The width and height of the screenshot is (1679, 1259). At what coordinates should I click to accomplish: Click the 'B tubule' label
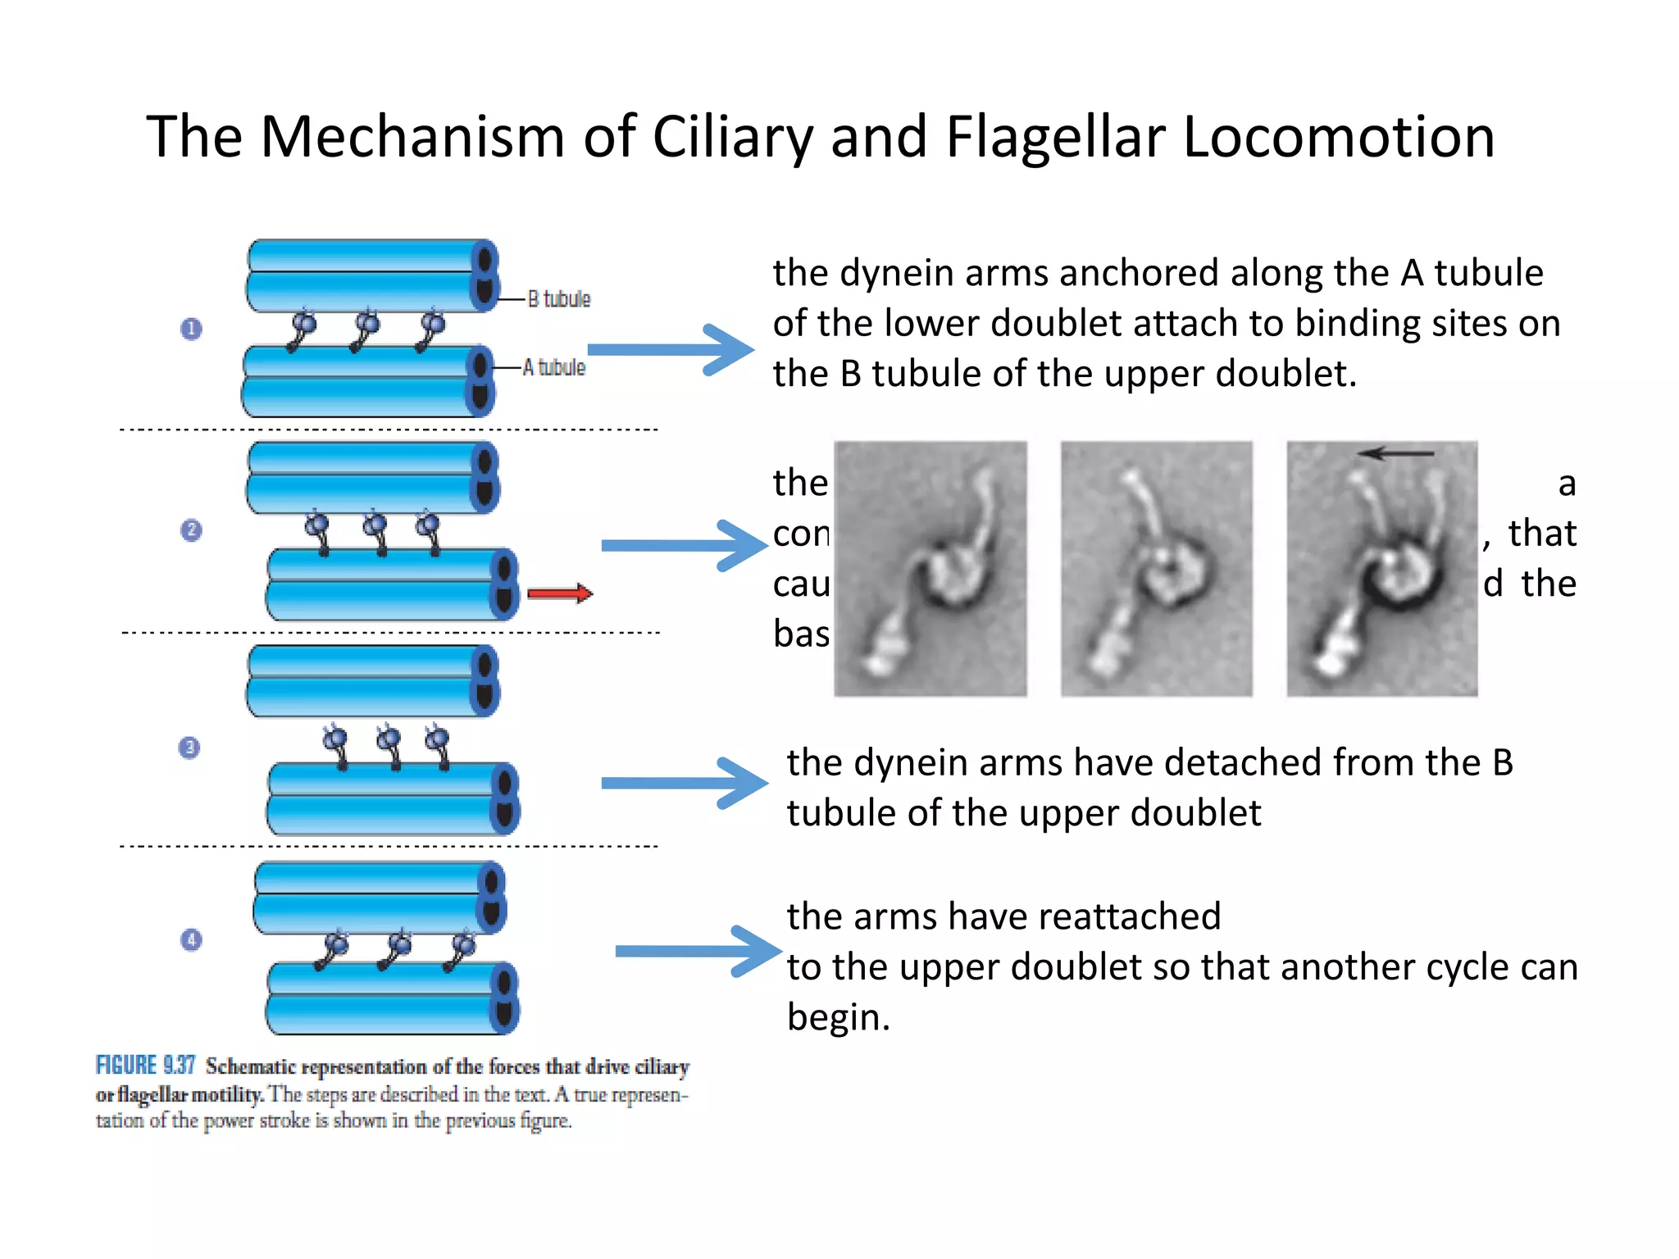coord(558,299)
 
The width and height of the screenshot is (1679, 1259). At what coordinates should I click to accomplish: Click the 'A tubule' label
coord(554,367)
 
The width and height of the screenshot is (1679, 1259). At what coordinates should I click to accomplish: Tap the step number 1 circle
coord(191,329)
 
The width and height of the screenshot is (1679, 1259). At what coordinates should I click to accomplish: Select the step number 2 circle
coord(191,530)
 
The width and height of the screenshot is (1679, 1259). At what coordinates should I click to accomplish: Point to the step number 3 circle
coord(189,748)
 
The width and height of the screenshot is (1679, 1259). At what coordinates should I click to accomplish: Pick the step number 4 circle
coord(191,939)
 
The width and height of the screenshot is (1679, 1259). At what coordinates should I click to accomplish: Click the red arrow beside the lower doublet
coord(559,593)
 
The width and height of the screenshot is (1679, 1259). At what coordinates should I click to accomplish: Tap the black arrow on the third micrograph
coord(1395,453)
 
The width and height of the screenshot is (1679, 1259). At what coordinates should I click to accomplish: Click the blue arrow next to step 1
coord(671,350)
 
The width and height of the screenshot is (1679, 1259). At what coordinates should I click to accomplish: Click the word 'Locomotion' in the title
coord(1339,136)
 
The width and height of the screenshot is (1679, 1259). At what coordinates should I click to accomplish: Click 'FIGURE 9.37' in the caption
coord(145,1065)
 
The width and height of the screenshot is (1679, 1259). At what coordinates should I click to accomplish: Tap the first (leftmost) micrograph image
coord(931,569)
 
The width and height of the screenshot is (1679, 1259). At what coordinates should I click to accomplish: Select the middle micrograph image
coord(1156,569)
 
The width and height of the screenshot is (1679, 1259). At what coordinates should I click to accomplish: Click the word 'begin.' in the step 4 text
coord(838,1017)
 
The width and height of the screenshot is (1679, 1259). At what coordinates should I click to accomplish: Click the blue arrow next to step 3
coord(685,784)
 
